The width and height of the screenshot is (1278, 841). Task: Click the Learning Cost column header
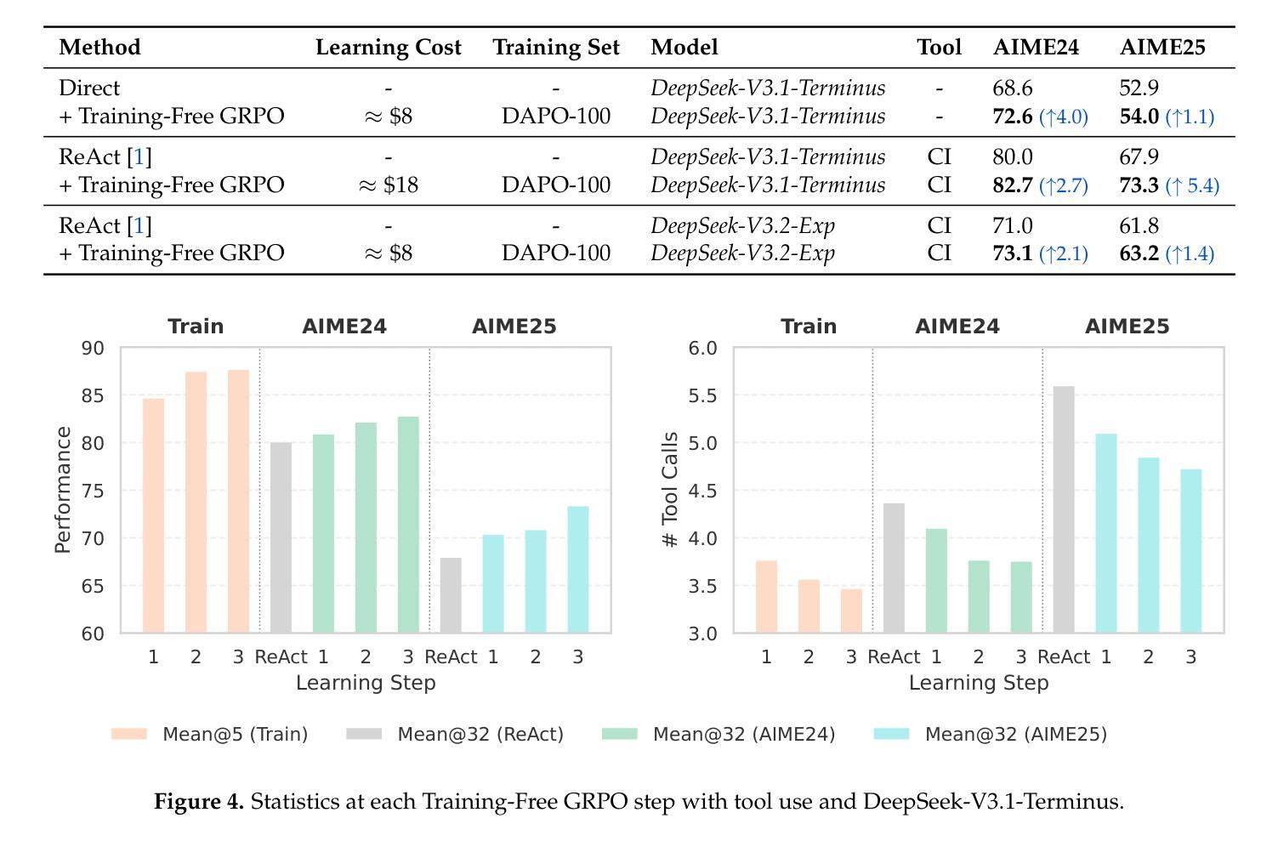click(x=389, y=48)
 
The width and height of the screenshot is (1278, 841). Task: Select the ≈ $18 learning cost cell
click(x=389, y=185)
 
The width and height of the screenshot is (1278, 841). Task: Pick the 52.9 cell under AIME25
click(x=1139, y=88)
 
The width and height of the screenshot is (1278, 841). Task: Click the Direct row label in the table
click(x=89, y=88)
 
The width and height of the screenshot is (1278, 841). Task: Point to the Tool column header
click(x=939, y=48)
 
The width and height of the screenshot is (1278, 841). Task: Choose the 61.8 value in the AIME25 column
click(x=1139, y=225)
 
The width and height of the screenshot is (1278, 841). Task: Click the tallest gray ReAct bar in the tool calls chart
click(x=1064, y=510)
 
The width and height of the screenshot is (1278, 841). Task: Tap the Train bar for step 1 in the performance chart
click(x=153, y=516)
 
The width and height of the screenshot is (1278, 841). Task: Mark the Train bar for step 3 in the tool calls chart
click(x=851, y=611)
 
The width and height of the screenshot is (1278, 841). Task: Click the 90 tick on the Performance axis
click(x=93, y=348)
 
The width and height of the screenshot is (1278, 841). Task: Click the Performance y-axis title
click(x=63, y=490)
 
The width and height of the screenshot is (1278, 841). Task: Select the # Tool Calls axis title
click(x=670, y=490)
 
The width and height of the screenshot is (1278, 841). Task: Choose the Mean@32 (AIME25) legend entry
click(x=991, y=734)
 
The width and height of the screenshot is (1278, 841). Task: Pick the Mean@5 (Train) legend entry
click(x=210, y=734)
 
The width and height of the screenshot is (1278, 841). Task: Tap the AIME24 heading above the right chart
click(x=957, y=327)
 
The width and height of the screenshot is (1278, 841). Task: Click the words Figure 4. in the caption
click(x=198, y=802)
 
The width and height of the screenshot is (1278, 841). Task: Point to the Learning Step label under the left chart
click(x=366, y=683)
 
